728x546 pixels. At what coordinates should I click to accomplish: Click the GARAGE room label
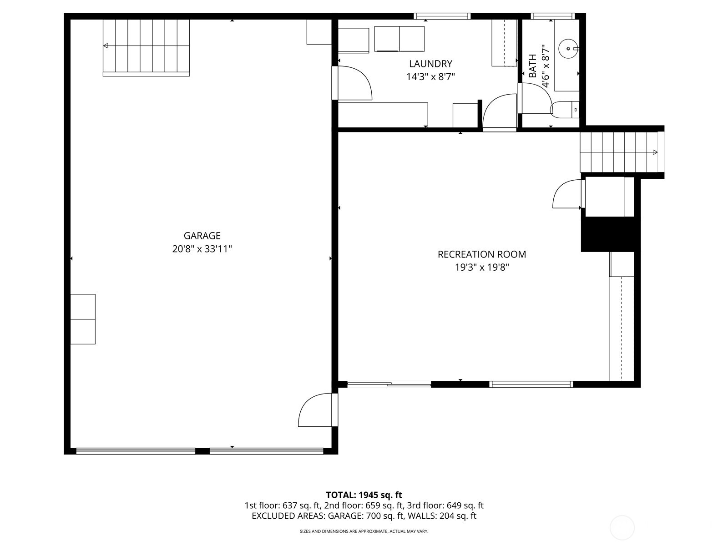[202, 236]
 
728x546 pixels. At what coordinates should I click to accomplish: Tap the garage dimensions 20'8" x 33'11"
[202, 249]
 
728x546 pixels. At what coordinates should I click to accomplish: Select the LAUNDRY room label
[430, 64]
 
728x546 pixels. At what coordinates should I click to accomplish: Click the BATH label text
[533, 66]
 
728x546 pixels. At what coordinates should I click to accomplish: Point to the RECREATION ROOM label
[481, 254]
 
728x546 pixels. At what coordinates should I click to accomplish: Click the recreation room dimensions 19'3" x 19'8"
[481, 268]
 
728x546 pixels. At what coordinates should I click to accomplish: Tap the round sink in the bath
[568, 47]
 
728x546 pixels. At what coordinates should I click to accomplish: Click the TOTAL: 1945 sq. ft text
[364, 495]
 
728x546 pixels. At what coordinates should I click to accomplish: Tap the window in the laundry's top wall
[441, 16]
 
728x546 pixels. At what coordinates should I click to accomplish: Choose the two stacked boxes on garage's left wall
[83, 319]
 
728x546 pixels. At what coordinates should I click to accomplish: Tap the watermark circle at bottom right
[622, 528]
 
